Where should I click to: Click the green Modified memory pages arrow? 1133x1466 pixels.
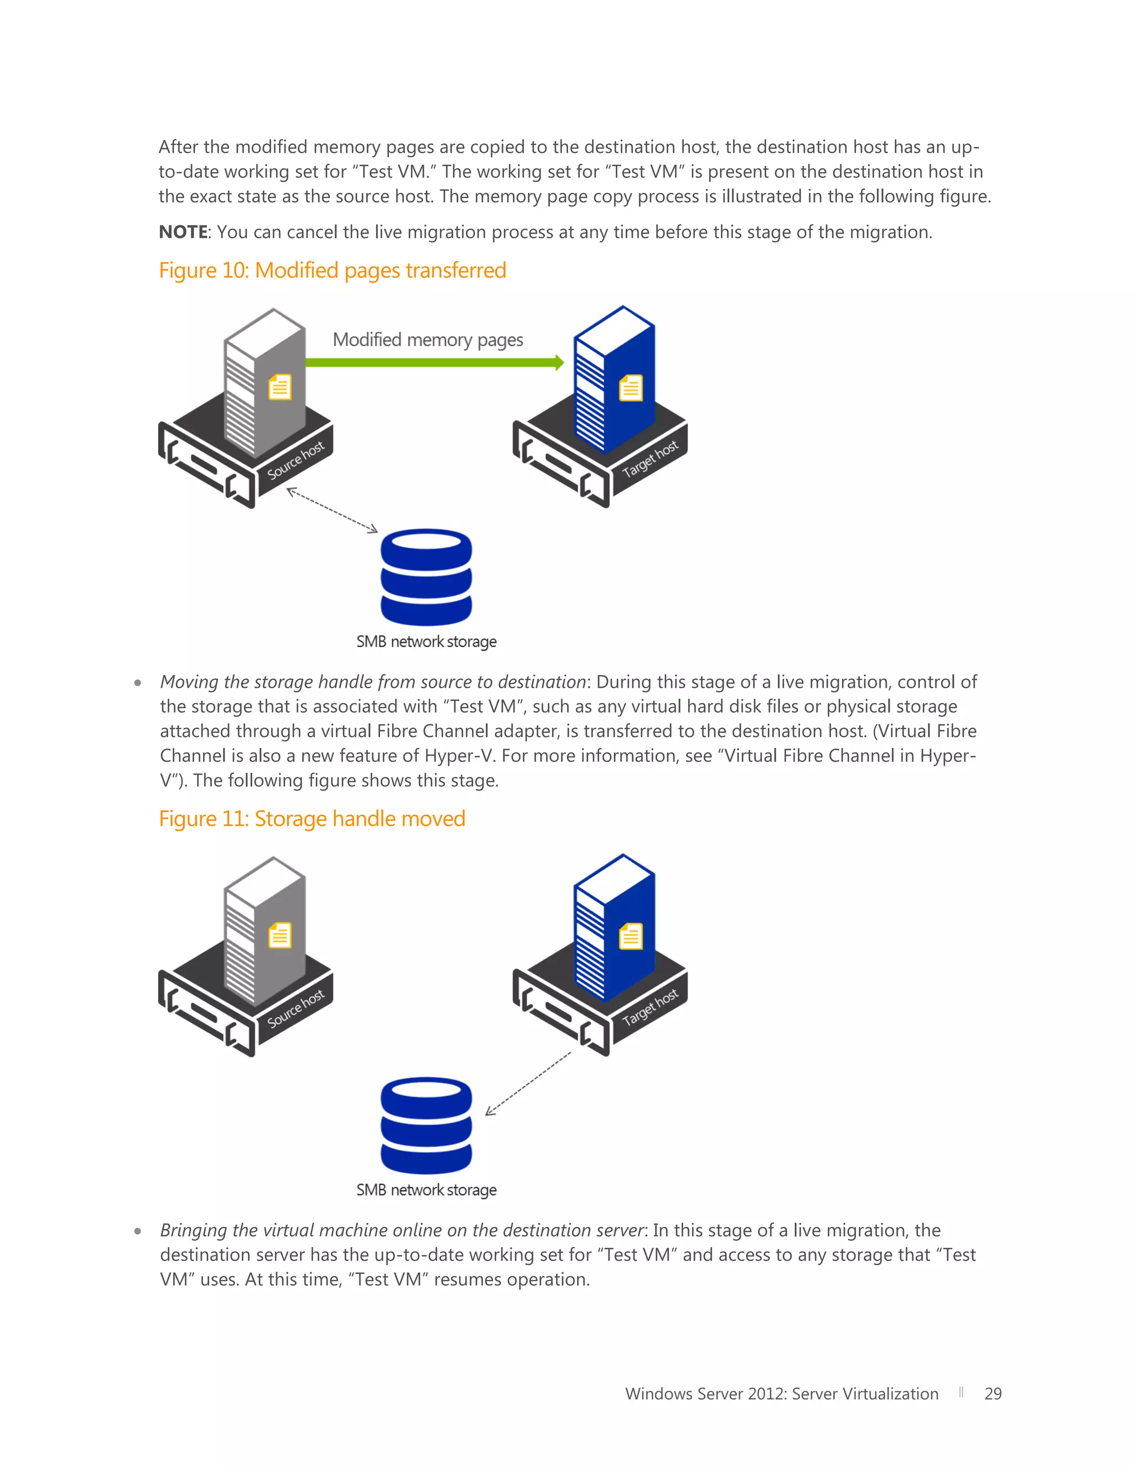pos(433,362)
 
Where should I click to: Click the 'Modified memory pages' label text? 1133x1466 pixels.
pos(428,340)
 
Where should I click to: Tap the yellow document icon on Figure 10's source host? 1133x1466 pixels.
pos(280,387)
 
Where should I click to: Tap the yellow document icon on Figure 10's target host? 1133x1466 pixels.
pos(630,388)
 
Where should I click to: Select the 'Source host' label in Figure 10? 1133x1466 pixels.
pos(295,461)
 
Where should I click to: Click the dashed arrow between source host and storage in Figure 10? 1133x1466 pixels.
pos(332,511)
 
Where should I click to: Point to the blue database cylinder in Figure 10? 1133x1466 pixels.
pos(426,577)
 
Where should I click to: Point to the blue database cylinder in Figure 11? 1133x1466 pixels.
pos(426,1126)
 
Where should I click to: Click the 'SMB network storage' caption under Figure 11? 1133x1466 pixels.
pos(426,1190)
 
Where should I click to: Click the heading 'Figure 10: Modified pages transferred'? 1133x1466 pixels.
pos(332,271)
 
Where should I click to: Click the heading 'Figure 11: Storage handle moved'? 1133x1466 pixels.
pos(312,819)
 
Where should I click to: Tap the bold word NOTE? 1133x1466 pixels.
pos(183,232)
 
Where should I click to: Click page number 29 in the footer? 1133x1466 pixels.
pos(992,1394)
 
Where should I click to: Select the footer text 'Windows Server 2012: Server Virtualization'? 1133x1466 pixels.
pos(781,1394)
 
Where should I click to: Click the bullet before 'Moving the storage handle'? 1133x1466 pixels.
pos(138,683)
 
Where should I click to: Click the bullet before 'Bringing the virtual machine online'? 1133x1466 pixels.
pos(138,1231)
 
